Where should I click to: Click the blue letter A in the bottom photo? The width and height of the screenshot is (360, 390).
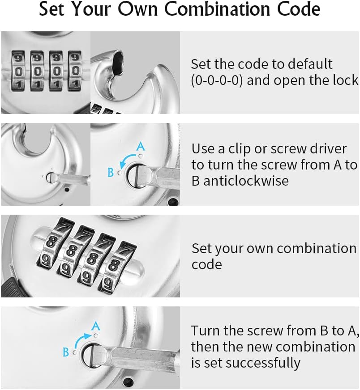[x=95, y=326]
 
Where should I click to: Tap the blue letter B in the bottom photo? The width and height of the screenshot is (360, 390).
[x=66, y=352]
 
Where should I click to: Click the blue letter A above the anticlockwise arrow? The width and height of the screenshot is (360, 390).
[x=140, y=146]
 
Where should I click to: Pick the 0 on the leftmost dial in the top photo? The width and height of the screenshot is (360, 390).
[x=18, y=72]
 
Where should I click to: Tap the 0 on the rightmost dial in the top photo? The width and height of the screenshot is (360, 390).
[x=73, y=72]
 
